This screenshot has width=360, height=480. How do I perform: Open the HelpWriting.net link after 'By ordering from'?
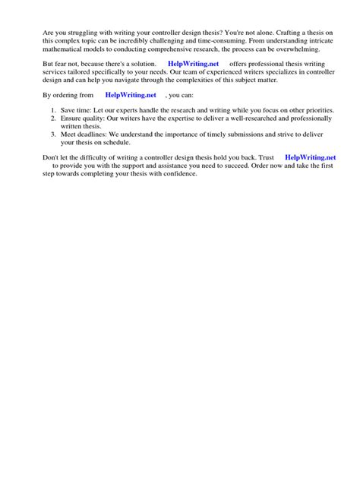tap(130, 95)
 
